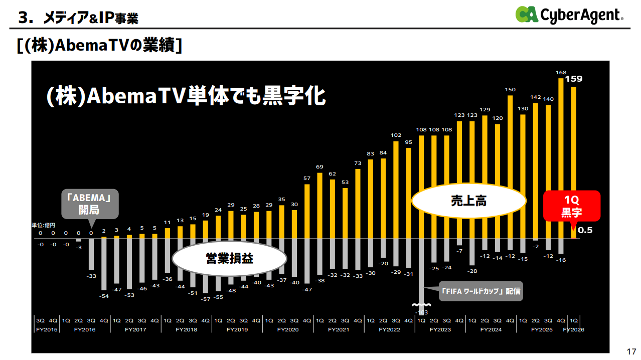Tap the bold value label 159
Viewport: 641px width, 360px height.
tap(574, 79)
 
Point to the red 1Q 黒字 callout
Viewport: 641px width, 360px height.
tap(571, 206)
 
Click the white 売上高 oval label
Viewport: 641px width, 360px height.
tap(468, 201)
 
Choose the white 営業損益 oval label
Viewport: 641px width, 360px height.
tap(229, 259)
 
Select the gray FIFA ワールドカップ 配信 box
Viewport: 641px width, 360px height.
tap(480, 291)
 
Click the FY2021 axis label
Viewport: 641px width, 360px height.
tap(339, 330)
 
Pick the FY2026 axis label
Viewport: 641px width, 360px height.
tap(574, 330)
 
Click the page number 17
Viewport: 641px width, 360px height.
tap(631, 350)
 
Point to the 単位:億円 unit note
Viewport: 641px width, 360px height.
tap(43, 225)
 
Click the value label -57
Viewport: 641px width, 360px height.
tap(205, 299)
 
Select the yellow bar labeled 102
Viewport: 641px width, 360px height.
tap(396, 190)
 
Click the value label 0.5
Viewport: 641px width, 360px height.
tap(585, 231)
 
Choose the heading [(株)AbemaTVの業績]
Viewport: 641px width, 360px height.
tap(99, 45)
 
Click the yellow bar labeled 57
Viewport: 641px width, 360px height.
tap(307, 211)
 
